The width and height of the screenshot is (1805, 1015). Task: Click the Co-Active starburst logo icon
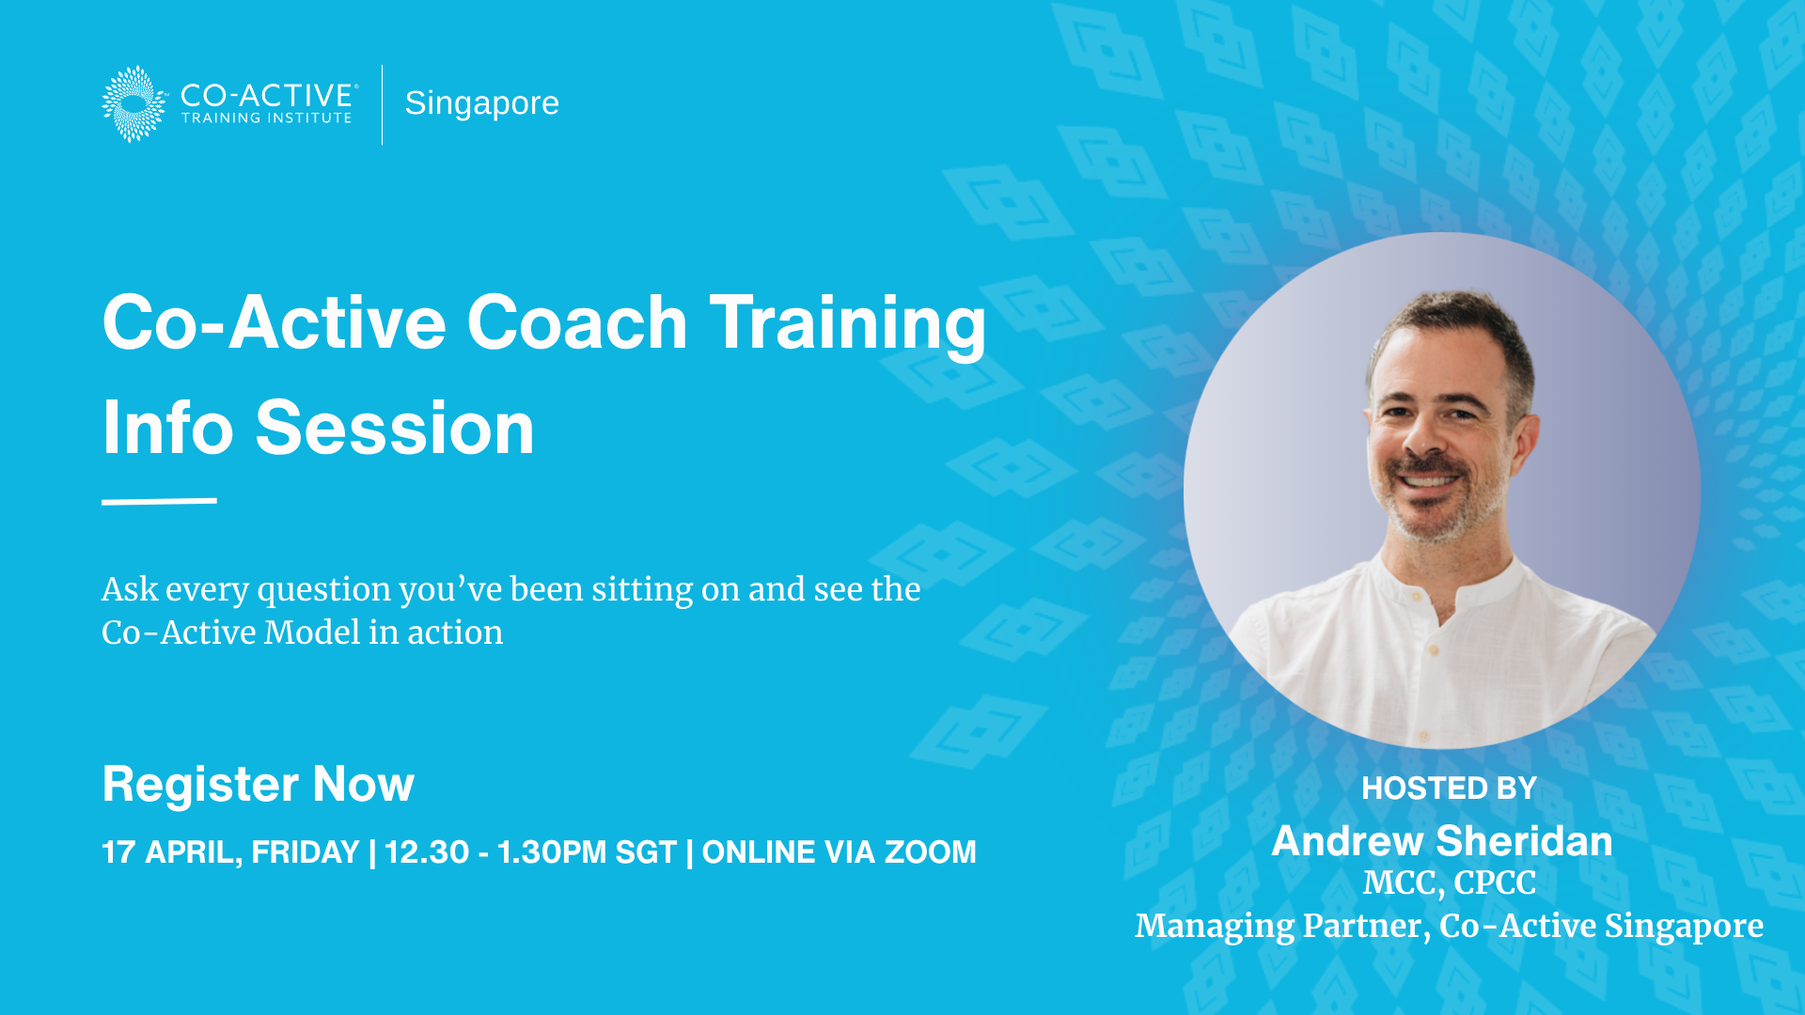click(134, 103)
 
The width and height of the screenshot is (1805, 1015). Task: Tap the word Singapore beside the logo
click(481, 103)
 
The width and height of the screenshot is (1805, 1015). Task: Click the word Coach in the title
click(577, 322)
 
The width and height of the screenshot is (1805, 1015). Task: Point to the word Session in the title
click(395, 428)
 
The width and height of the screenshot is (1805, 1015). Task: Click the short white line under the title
click(159, 501)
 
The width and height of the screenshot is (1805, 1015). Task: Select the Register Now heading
click(258, 784)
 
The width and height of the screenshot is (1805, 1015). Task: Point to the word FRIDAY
click(306, 852)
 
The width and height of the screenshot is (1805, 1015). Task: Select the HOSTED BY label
click(1449, 789)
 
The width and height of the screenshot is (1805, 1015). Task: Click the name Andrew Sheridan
click(1442, 841)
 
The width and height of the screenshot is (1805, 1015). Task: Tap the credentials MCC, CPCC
click(1449, 883)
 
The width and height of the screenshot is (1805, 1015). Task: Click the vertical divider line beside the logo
click(383, 104)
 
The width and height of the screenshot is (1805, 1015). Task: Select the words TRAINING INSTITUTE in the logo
click(267, 118)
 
